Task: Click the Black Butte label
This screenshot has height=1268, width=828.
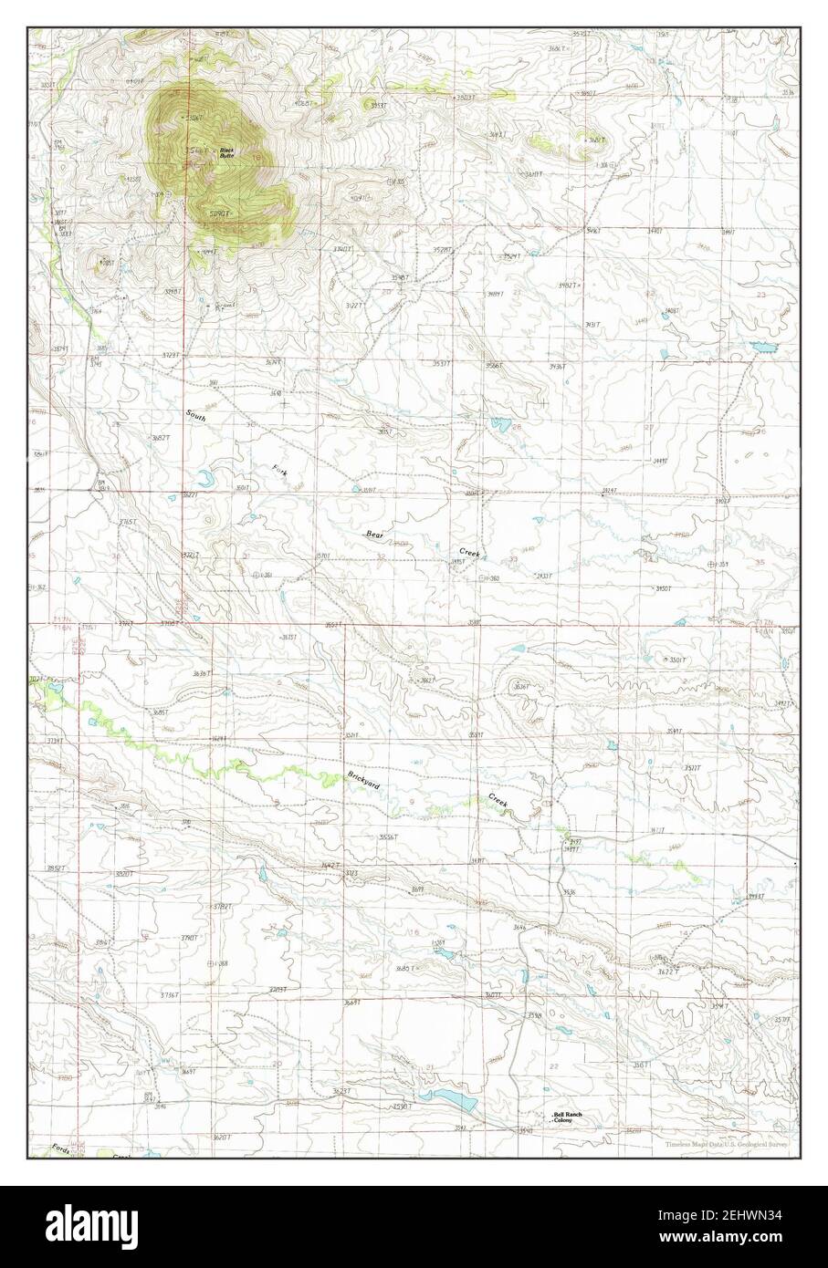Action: pyautogui.click(x=225, y=153)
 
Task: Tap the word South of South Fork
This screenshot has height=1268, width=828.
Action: pyautogui.click(x=196, y=416)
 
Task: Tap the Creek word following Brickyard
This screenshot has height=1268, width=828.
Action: pyautogui.click(x=497, y=799)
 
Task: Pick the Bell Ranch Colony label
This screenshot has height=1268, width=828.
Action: pyautogui.click(x=568, y=1117)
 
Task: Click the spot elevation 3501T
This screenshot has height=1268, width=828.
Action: pyautogui.click(x=676, y=660)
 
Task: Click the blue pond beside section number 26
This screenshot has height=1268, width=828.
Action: pyautogui.click(x=498, y=423)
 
